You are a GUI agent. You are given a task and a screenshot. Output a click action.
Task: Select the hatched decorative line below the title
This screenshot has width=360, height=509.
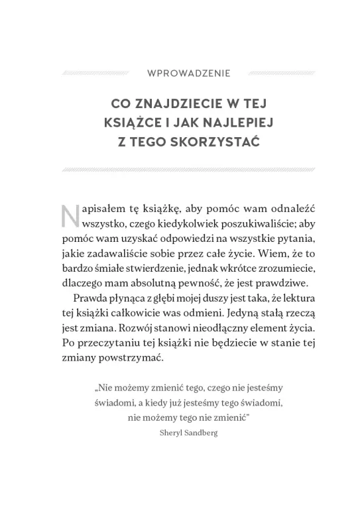pyautogui.click(x=180, y=170)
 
